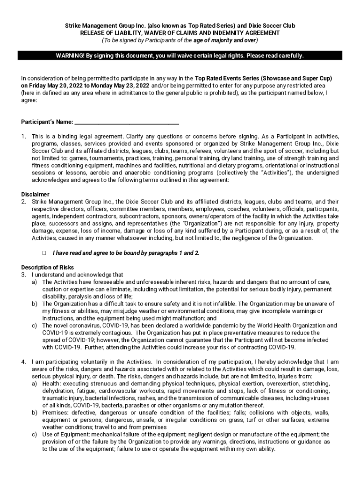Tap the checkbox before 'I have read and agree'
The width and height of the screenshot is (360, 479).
coord(43,253)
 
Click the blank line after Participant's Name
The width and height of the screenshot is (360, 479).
coord(127,122)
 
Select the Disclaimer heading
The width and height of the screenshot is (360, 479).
coord(36,194)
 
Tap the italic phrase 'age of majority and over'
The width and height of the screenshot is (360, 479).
coord(227,41)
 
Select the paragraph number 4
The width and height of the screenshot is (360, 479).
coord(23,362)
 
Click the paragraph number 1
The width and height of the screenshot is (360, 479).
coord(23,136)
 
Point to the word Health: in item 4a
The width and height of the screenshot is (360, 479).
coord(51,384)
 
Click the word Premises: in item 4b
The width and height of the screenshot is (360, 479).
coord(55,413)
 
